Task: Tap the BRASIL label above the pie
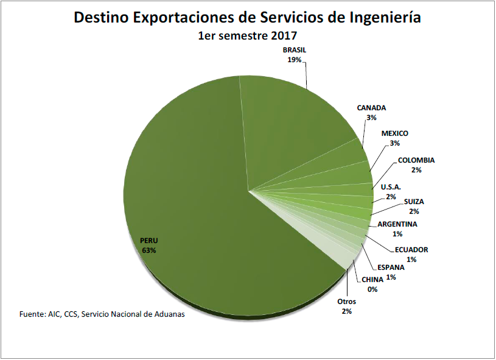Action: (x=294, y=50)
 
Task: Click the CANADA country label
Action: (x=371, y=108)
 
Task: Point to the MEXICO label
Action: (x=395, y=133)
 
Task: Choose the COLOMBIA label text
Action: (x=416, y=160)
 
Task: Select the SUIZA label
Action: (x=414, y=202)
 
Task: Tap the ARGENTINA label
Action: (x=397, y=224)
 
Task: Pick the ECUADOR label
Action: (x=411, y=250)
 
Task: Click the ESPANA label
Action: (x=391, y=267)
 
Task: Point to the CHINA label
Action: (x=372, y=280)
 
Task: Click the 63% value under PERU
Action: (x=149, y=250)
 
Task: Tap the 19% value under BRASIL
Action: (x=295, y=60)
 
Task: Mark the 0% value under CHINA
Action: (x=372, y=289)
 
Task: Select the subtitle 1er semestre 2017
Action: (x=247, y=35)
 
